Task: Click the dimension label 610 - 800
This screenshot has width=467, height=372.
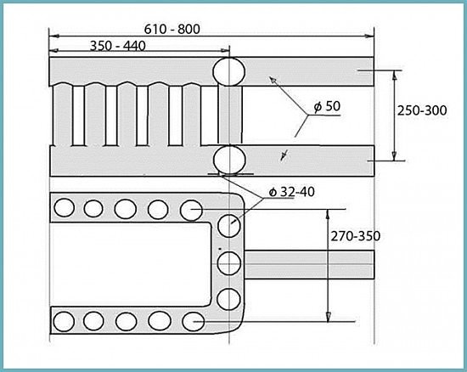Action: (172, 29)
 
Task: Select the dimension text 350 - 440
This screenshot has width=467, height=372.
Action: (118, 46)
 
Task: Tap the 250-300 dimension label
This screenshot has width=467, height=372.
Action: (422, 110)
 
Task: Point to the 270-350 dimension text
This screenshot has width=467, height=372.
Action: (356, 236)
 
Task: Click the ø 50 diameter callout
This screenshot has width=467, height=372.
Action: (327, 106)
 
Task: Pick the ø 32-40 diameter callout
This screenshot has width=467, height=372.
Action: (292, 192)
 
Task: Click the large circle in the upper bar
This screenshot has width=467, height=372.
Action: (229, 72)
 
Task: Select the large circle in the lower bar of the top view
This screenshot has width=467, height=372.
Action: (230, 160)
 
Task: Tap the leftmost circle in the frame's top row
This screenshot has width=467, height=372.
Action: (64, 207)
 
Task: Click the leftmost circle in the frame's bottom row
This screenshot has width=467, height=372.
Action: (64, 322)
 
